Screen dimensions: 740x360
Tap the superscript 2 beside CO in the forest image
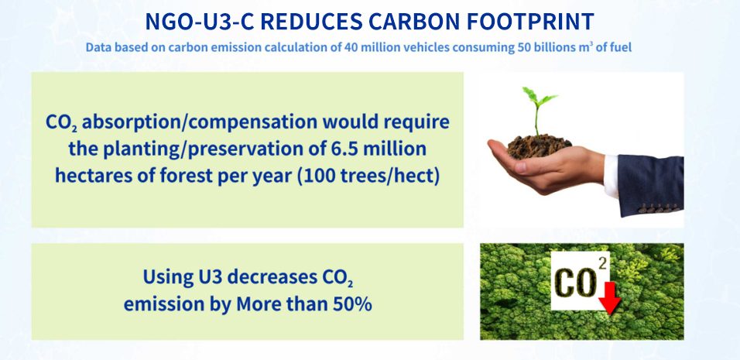click(602, 264)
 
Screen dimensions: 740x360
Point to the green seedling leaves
click(539, 96)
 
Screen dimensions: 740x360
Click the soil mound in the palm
click(539, 146)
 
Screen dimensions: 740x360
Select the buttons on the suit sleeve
click(659, 207)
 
